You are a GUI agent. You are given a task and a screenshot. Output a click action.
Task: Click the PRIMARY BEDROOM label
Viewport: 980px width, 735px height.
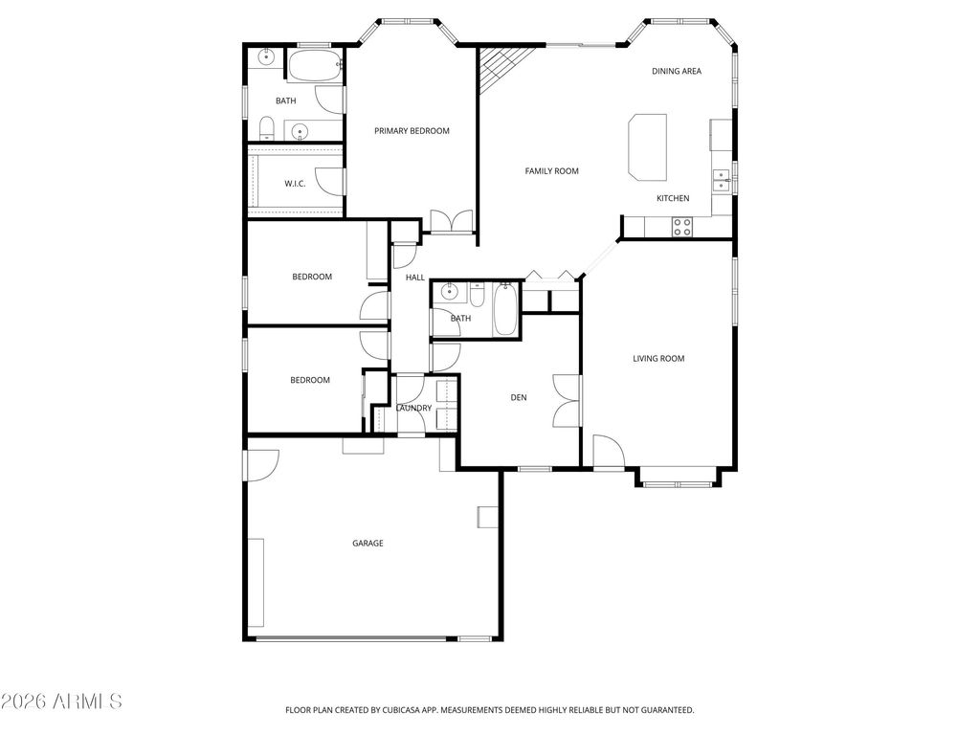tap(412, 131)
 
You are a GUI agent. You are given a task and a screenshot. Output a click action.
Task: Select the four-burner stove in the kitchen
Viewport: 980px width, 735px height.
tap(682, 227)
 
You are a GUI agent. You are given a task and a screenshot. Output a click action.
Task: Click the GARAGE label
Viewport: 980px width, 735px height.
tap(367, 544)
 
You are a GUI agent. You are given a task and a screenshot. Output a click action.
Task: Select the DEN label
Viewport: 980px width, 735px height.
tap(518, 397)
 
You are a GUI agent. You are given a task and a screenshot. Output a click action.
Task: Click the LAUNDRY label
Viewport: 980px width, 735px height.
tap(413, 409)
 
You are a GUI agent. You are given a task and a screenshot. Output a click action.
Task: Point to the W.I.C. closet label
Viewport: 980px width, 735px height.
tap(295, 184)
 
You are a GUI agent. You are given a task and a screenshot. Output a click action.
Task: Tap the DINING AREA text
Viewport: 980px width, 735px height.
tap(677, 71)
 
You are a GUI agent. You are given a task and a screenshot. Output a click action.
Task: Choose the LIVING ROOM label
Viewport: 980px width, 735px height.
tap(658, 359)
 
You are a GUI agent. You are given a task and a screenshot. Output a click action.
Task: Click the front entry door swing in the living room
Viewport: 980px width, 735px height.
tap(606, 450)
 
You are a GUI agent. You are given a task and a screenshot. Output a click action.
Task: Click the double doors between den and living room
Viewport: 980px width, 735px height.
tap(567, 399)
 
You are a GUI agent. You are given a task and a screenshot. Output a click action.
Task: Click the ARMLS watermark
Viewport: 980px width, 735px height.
tap(62, 702)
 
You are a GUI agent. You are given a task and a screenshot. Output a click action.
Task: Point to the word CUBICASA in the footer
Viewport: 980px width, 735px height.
tap(402, 710)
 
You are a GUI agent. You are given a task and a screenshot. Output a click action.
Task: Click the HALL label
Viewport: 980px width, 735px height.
tap(415, 278)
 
